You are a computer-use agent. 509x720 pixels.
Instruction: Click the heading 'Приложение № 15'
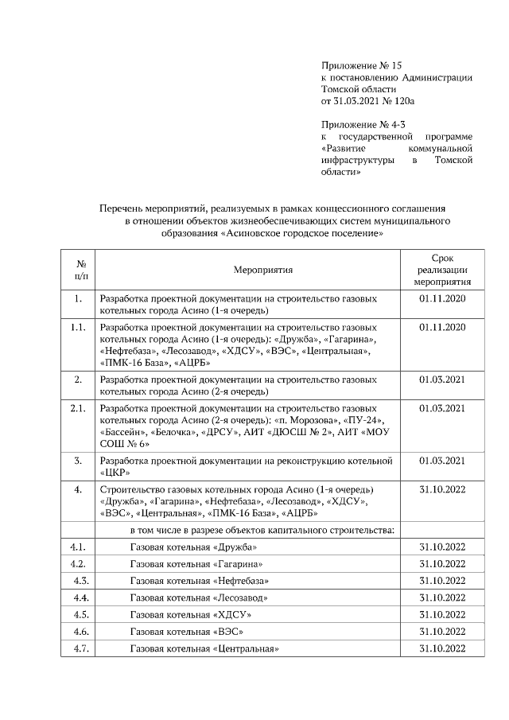click(x=357, y=64)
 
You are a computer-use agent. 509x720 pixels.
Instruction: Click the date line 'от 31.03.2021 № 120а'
click(x=368, y=102)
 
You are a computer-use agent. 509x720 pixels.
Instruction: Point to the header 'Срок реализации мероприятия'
click(x=441, y=270)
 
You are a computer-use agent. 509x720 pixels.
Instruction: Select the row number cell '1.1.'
click(x=78, y=327)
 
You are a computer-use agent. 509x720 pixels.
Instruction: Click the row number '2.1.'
click(x=78, y=408)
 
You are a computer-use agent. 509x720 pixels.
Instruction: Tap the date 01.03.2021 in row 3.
click(x=441, y=461)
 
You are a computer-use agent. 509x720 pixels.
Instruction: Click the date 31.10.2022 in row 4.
click(x=441, y=488)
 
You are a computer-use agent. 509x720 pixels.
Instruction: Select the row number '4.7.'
click(x=78, y=648)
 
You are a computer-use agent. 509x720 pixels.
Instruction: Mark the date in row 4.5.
click(x=441, y=614)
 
